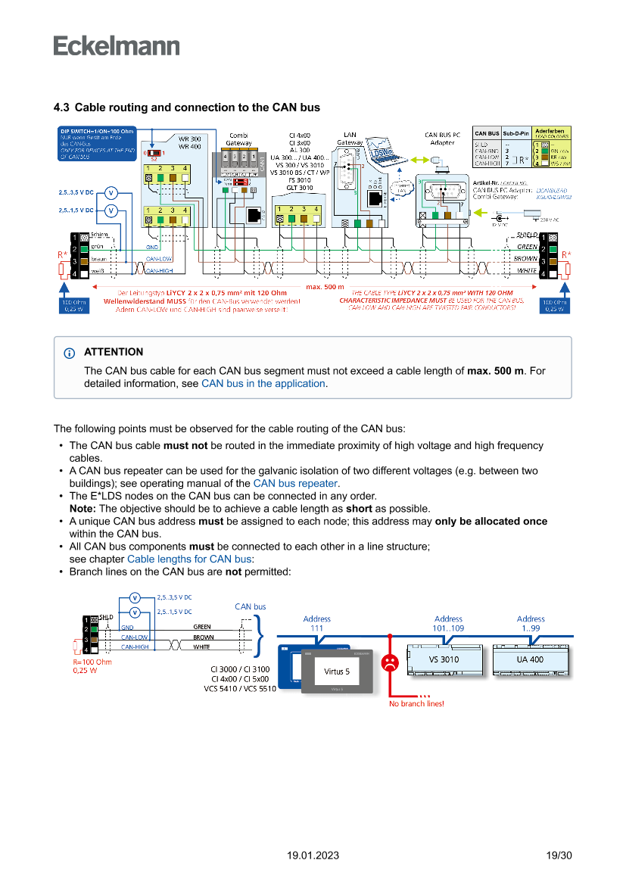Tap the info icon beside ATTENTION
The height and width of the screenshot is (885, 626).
point(70,353)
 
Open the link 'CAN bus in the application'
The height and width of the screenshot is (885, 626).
point(263,384)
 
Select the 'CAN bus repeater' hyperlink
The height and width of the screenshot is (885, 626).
point(295,483)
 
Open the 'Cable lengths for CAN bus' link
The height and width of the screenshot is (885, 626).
point(188,559)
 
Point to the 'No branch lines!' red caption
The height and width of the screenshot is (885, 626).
point(416,703)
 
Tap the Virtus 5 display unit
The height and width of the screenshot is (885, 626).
point(337,671)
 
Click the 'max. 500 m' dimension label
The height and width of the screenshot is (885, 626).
point(325,287)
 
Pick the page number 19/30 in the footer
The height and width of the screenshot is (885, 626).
point(559,855)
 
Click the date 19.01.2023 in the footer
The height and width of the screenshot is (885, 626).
point(313,855)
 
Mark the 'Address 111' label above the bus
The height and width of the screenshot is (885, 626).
point(316,623)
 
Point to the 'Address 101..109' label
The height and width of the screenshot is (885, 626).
point(448,623)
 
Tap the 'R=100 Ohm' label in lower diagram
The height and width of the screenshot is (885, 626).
point(92,662)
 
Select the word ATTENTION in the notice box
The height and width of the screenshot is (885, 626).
point(114,352)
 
